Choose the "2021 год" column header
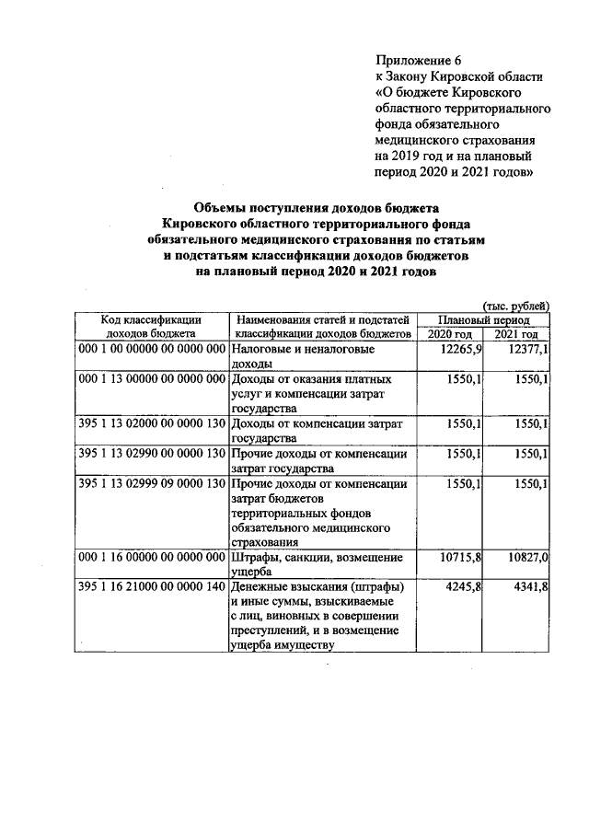(517, 334)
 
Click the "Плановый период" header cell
(483, 318)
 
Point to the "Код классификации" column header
(151, 318)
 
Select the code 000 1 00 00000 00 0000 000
(151, 350)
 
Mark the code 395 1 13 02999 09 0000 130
(151, 482)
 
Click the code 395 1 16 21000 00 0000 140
(151, 586)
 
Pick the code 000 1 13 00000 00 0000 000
(151, 379)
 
